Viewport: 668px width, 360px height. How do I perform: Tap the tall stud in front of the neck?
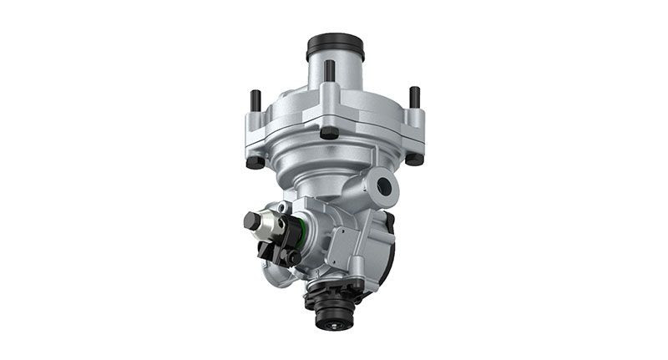click(330, 72)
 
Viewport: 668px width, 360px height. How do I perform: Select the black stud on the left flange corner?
click(256, 99)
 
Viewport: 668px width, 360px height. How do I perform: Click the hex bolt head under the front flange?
click(329, 132)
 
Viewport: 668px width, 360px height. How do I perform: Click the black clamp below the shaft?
click(276, 249)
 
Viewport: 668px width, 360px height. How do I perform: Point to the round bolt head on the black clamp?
click(294, 257)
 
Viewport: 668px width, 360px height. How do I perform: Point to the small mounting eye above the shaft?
click(286, 206)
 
